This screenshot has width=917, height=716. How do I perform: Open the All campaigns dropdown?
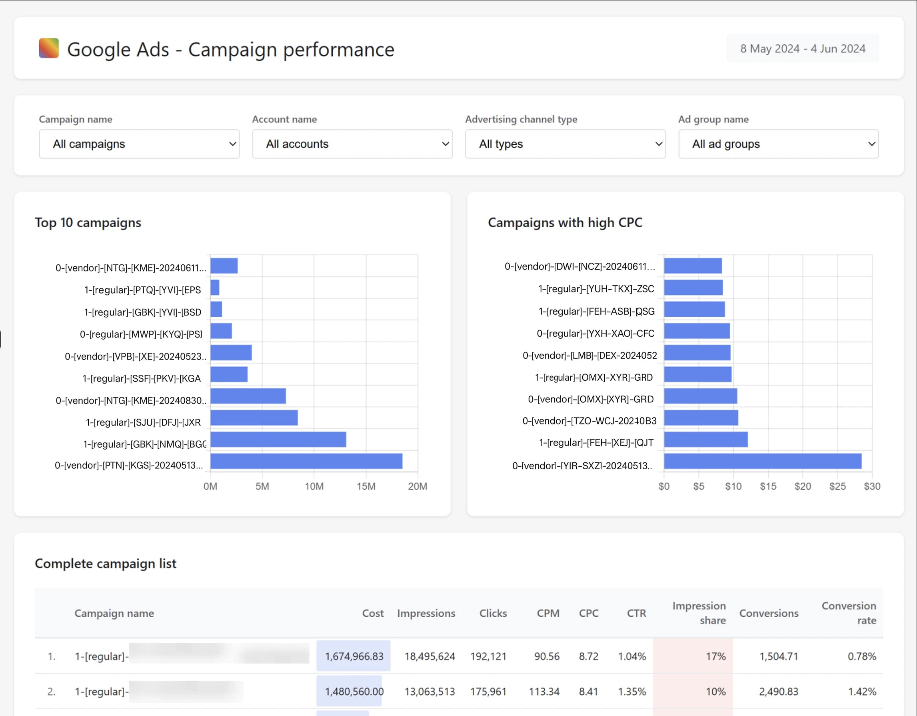point(139,144)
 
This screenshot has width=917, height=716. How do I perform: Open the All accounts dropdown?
point(352,144)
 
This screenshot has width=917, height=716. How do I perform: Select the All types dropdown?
point(565,144)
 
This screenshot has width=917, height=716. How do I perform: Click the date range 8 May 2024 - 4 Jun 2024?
point(802,49)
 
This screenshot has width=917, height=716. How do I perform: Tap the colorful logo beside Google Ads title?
point(49,48)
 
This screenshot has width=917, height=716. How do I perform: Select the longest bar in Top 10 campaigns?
point(306,461)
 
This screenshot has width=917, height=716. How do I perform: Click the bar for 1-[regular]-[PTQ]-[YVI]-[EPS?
point(215,288)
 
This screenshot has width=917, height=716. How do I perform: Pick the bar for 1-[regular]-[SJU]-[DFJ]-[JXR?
point(254,418)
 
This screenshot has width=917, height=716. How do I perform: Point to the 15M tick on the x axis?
point(366,486)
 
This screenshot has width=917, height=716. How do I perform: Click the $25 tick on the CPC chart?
point(837,486)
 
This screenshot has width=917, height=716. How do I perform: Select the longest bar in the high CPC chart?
point(762,461)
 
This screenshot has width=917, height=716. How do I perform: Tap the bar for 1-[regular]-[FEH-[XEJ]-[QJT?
point(705,439)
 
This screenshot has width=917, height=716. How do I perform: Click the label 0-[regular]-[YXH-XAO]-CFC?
point(595,334)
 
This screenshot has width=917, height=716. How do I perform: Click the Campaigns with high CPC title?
point(565,222)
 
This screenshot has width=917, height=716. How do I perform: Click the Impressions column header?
point(426,613)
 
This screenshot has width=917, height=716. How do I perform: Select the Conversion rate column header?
point(849,613)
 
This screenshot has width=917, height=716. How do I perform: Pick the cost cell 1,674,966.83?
point(354,656)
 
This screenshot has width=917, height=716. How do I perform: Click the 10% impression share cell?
point(715,692)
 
